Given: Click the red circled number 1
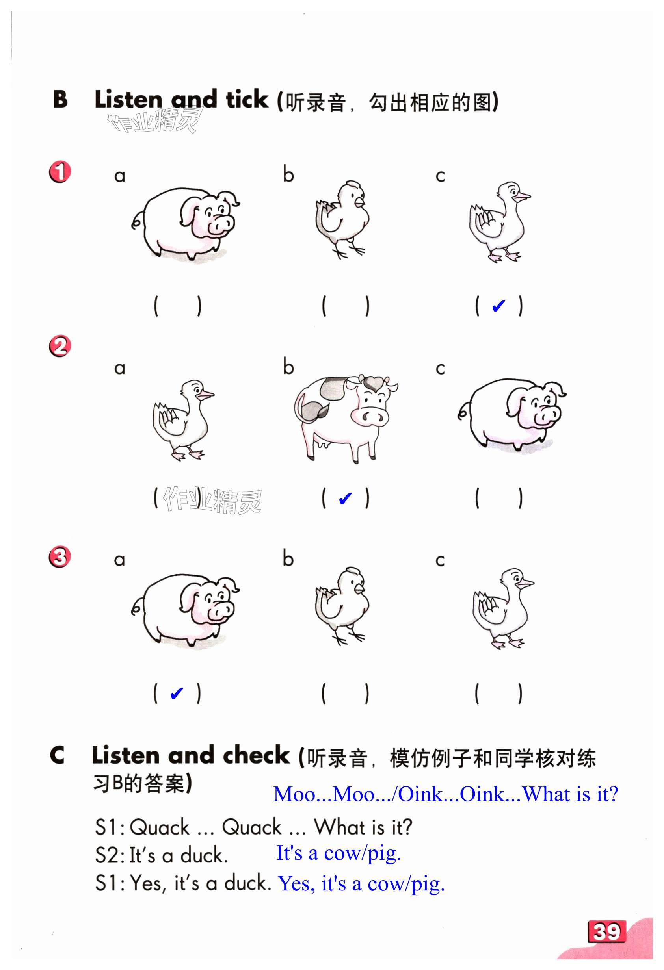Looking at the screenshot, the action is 60,172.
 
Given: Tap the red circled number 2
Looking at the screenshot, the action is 60,346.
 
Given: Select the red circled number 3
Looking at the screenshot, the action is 60,557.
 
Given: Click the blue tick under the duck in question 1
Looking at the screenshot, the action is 498,306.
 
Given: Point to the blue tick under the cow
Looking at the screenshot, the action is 345,498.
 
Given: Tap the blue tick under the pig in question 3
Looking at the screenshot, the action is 177,693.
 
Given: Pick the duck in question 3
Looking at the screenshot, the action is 503,608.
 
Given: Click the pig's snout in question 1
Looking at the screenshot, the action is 221,225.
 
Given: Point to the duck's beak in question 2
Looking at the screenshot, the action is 205,395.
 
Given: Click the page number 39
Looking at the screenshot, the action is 607,931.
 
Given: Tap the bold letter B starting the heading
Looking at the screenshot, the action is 61,99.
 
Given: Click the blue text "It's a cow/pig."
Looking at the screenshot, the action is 339,852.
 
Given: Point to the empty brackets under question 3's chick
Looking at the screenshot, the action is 345,693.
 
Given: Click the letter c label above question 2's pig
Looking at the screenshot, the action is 440,369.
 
